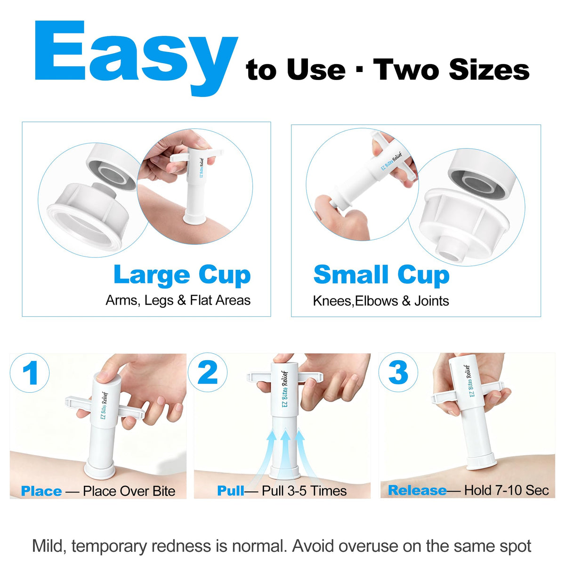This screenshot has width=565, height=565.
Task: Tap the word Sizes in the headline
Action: [489, 70]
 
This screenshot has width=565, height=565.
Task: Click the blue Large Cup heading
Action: [182, 275]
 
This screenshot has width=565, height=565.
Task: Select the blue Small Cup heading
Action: [381, 275]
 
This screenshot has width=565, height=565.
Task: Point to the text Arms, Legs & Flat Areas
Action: [178, 300]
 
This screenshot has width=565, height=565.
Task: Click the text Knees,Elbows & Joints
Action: [381, 301]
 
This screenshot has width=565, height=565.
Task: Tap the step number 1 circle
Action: [30, 373]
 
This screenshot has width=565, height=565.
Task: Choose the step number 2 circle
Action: [208, 372]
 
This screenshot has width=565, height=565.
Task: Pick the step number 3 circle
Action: [398, 372]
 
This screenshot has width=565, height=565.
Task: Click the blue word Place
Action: [41, 491]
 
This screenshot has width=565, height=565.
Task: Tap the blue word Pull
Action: [230, 491]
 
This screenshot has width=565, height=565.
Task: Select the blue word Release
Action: [417, 490]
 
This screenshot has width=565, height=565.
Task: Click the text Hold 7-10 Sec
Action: [506, 490]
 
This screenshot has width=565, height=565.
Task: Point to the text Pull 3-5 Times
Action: [304, 491]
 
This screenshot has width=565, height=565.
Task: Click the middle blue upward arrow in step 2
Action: [285, 457]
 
